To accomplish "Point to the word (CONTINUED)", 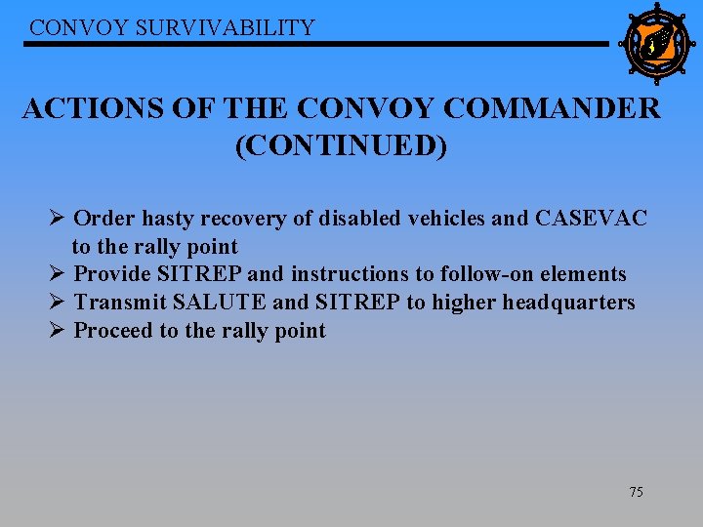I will [341, 146].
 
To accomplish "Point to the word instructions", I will [346, 274].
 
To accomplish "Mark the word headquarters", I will [568, 303].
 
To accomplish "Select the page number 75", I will [636, 492].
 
